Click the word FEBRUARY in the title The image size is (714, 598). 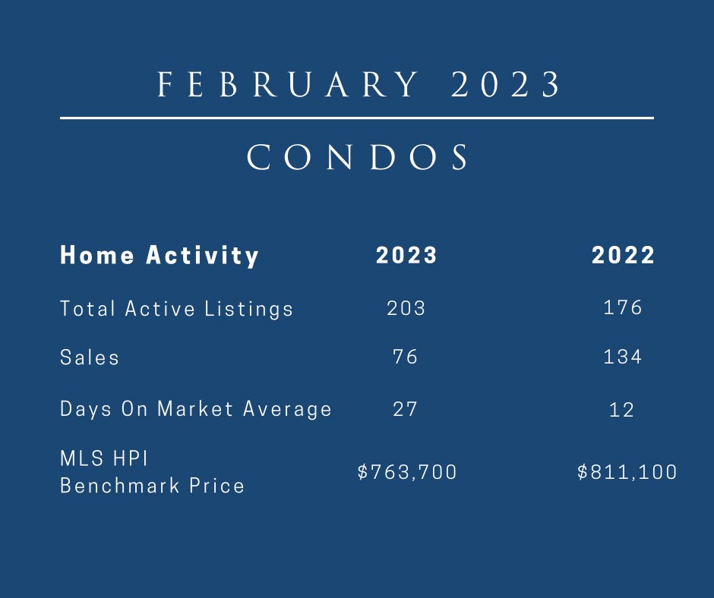(x=288, y=85)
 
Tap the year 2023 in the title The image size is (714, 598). (x=505, y=85)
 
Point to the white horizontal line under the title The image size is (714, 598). (x=356, y=118)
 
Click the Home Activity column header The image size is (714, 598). (x=160, y=255)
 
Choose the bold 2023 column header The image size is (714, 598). (x=406, y=255)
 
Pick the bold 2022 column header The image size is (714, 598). (x=623, y=255)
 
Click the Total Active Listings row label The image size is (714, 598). (x=176, y=309)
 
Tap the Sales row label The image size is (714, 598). (x=90, y=357)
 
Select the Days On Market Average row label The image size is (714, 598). (x=196, y=409)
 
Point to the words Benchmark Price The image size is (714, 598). (x=152, y=485)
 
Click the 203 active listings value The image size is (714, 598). (x=406, y=307)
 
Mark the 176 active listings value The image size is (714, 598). (x=622, y=307)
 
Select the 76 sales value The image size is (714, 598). (x=406, y=357)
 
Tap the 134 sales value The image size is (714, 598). (x=622, y=357)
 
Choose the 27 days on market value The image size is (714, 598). (x=406, y=409)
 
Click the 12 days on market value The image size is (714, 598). (x=621, y=410)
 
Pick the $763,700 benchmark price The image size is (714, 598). (x=407, y=472)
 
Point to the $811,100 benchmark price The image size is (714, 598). (x=627, y=472)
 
